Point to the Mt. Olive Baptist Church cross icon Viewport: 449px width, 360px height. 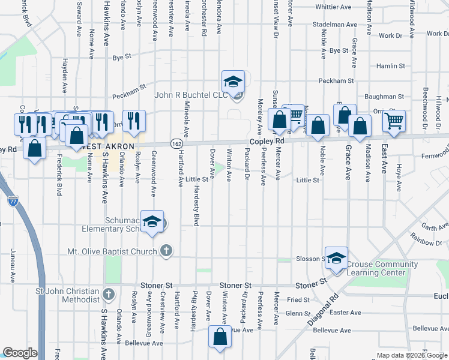tap(166, 251)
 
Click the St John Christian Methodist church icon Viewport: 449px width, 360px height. tap(108, 294)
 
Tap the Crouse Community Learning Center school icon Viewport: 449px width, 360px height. tap(336, 257)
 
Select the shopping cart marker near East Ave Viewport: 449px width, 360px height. tap(394, 121)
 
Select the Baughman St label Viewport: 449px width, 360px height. tap(384, 96)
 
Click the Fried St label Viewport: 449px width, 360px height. tap(298, 299)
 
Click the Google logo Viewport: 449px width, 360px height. tap(20, 353)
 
